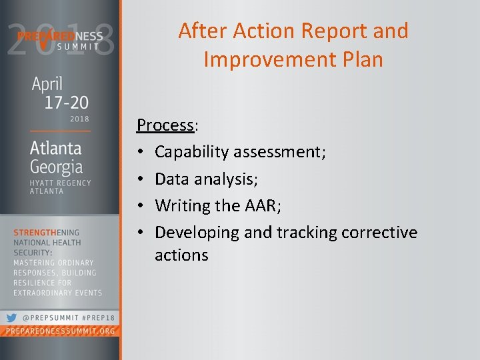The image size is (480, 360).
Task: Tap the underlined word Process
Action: point(165,125)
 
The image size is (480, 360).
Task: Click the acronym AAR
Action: point(262,205)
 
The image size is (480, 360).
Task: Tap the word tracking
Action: point(306,232)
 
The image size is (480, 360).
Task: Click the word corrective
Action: point(379,232)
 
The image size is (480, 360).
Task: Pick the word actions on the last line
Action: point(181,255)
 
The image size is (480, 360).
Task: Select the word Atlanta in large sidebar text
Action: point(56,147)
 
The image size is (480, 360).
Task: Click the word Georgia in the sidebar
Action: point(56,167)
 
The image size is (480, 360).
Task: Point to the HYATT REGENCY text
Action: point(60,182)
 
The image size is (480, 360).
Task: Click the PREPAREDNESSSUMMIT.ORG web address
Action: point(60,331)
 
